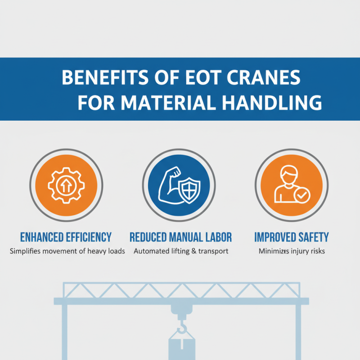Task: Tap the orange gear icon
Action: coord(66,186)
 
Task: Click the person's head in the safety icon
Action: coord(288,173)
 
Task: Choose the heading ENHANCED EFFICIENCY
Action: coord(66,237)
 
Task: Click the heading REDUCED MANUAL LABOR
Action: coord(180,237)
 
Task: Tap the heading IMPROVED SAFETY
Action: coord(291,237)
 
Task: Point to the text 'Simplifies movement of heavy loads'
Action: coord(67,251)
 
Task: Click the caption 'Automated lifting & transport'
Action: coord(181,251)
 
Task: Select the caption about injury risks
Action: coord(292,251)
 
